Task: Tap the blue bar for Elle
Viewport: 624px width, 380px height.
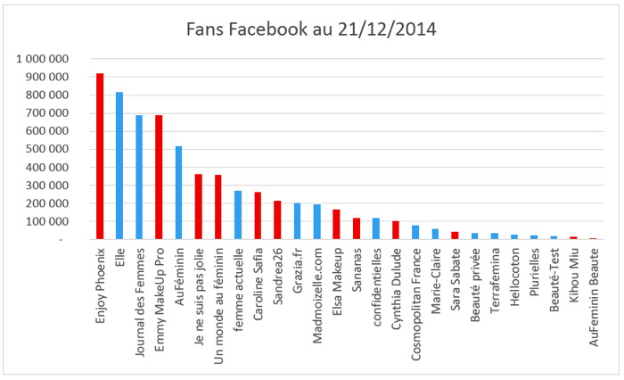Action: pyautogui.click(x=119, y=166)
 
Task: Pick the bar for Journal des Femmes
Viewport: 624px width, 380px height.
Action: pyautogui.click(x=139, y=178)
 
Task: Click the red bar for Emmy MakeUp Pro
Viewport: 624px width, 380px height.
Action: pyautogui.click(x=159, y=178)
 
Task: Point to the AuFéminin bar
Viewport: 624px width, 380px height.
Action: pyautogui.click(x=178, y=193)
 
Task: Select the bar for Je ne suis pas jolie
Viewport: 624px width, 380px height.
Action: pyautogui.click(x=198, y=207)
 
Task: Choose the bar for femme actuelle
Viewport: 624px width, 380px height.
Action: pyautogui.click(x=238, y=215)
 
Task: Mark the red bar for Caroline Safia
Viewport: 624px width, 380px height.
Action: pyautogui.click(x=258, y=216)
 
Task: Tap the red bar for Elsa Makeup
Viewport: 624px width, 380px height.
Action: pyautogui.click(x=336, y=225)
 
